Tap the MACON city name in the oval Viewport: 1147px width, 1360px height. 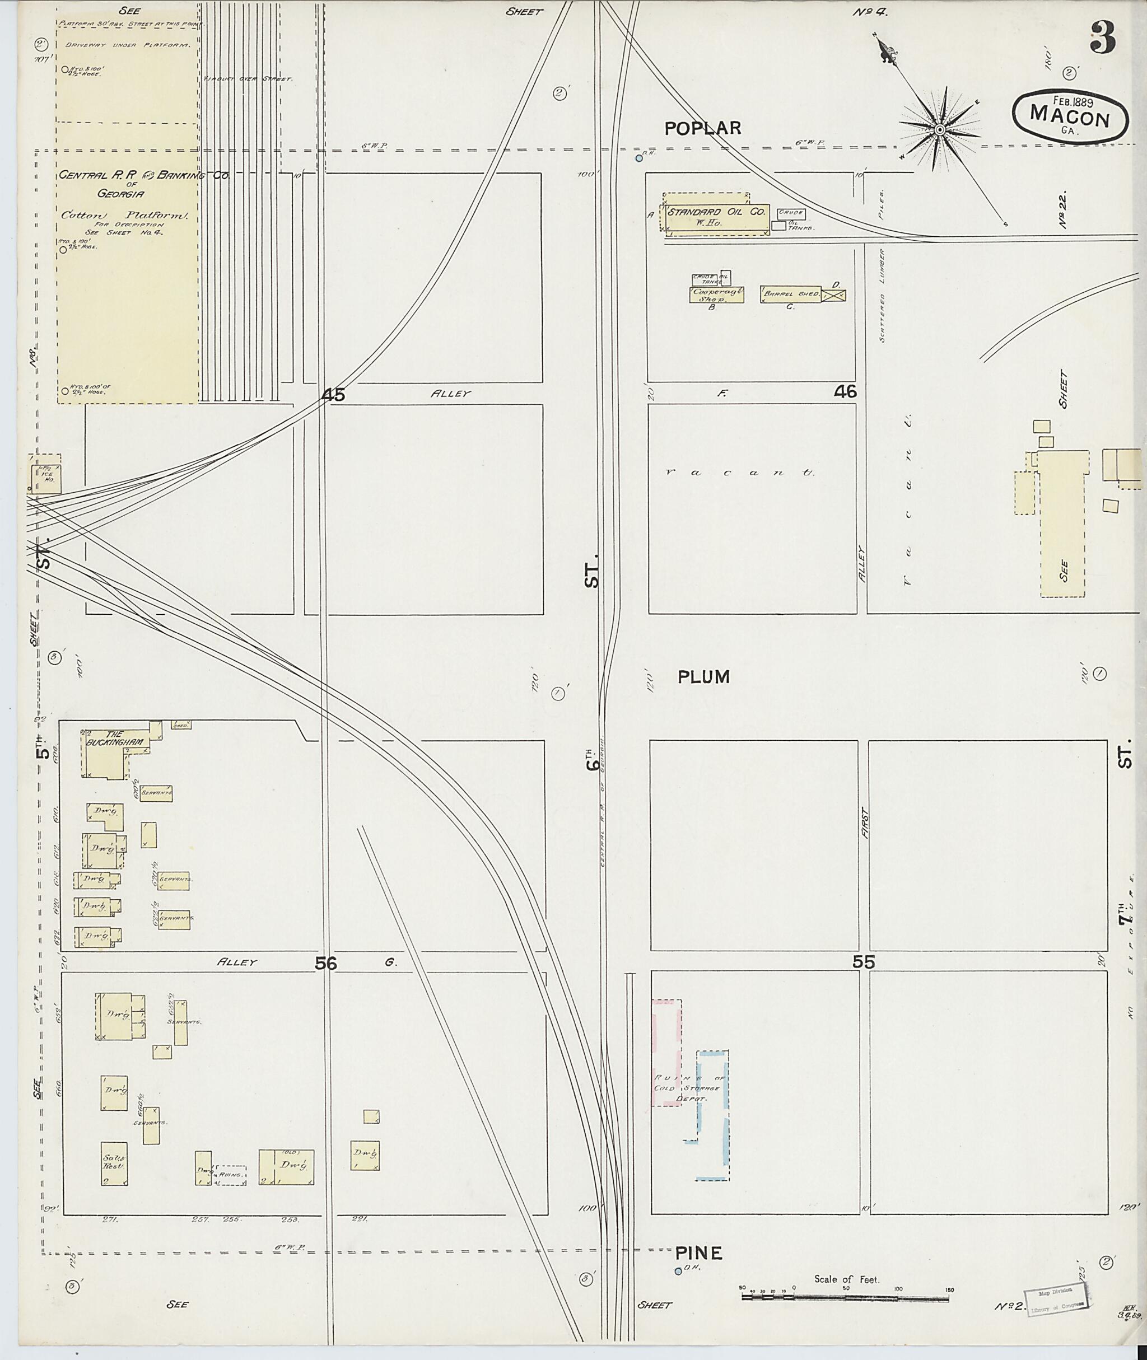[x=1069, y=118]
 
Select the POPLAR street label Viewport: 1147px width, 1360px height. [x=702, y=129]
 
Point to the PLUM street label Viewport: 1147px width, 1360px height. [x=703, y=677]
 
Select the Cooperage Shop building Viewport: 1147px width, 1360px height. [x=712, y=295]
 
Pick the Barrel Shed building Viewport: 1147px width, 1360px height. [x=791, y=294]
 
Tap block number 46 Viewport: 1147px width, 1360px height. [x=845, y=391]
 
